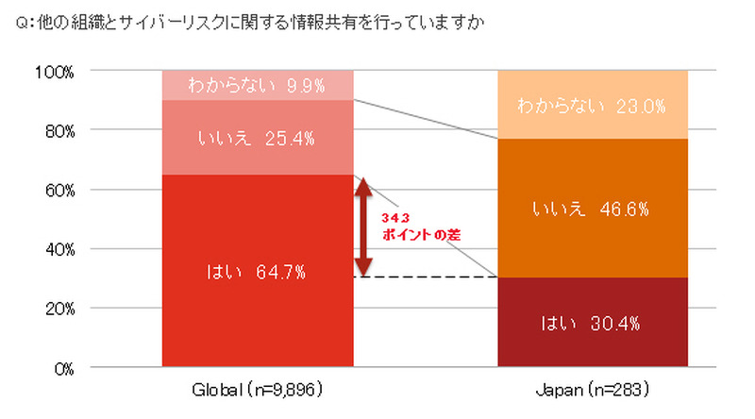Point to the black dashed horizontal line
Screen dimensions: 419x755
pyautogui.click(x=425, y=277)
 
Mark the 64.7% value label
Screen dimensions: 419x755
pyautogui.click(x=280, y=273)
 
